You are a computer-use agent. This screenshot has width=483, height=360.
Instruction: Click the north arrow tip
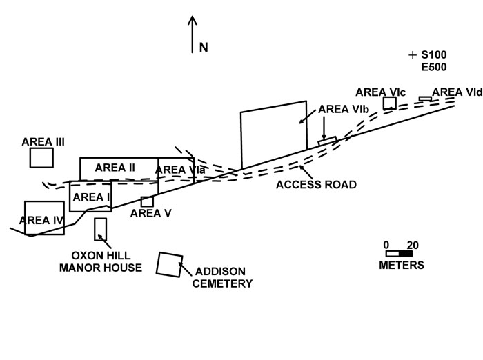click(193, 17)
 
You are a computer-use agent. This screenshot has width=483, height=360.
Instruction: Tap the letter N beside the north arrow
click(204, 48)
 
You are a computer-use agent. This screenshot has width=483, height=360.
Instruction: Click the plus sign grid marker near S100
click(413, 54)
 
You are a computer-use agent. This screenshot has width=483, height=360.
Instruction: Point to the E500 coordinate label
click(434, 67)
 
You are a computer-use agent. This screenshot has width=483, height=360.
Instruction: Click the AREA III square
click(41, 157)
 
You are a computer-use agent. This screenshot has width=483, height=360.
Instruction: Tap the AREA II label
click(115, 167)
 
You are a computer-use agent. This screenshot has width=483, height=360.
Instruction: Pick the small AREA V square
click(147, 201)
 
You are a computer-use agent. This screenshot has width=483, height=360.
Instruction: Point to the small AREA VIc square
click(390, 103)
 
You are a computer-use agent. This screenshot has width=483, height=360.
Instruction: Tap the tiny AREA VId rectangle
click(425, 99)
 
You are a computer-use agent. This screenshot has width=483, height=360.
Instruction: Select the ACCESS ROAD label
click(316, 185)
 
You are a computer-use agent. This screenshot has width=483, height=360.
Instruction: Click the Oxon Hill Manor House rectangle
click(101, 229)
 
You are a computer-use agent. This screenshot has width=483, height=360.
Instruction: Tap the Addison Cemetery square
click(169, 264)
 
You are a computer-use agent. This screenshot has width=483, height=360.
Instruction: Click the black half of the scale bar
click(406, 254)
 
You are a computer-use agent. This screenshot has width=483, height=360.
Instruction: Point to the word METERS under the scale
click(402, 266)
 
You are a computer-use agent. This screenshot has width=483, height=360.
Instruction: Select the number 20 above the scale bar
click(413, 245)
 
